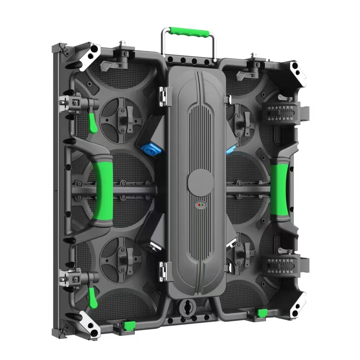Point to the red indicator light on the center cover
199,205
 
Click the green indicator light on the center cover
202,205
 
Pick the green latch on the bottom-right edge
262,313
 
